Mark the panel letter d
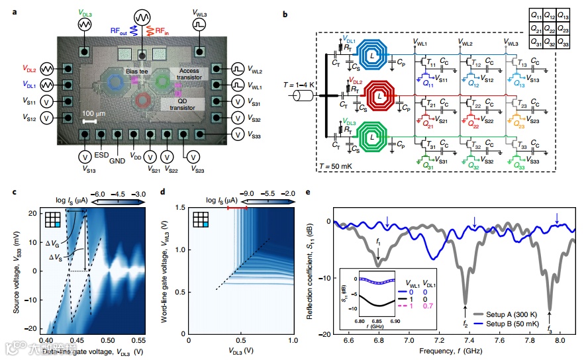coord(164,192)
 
